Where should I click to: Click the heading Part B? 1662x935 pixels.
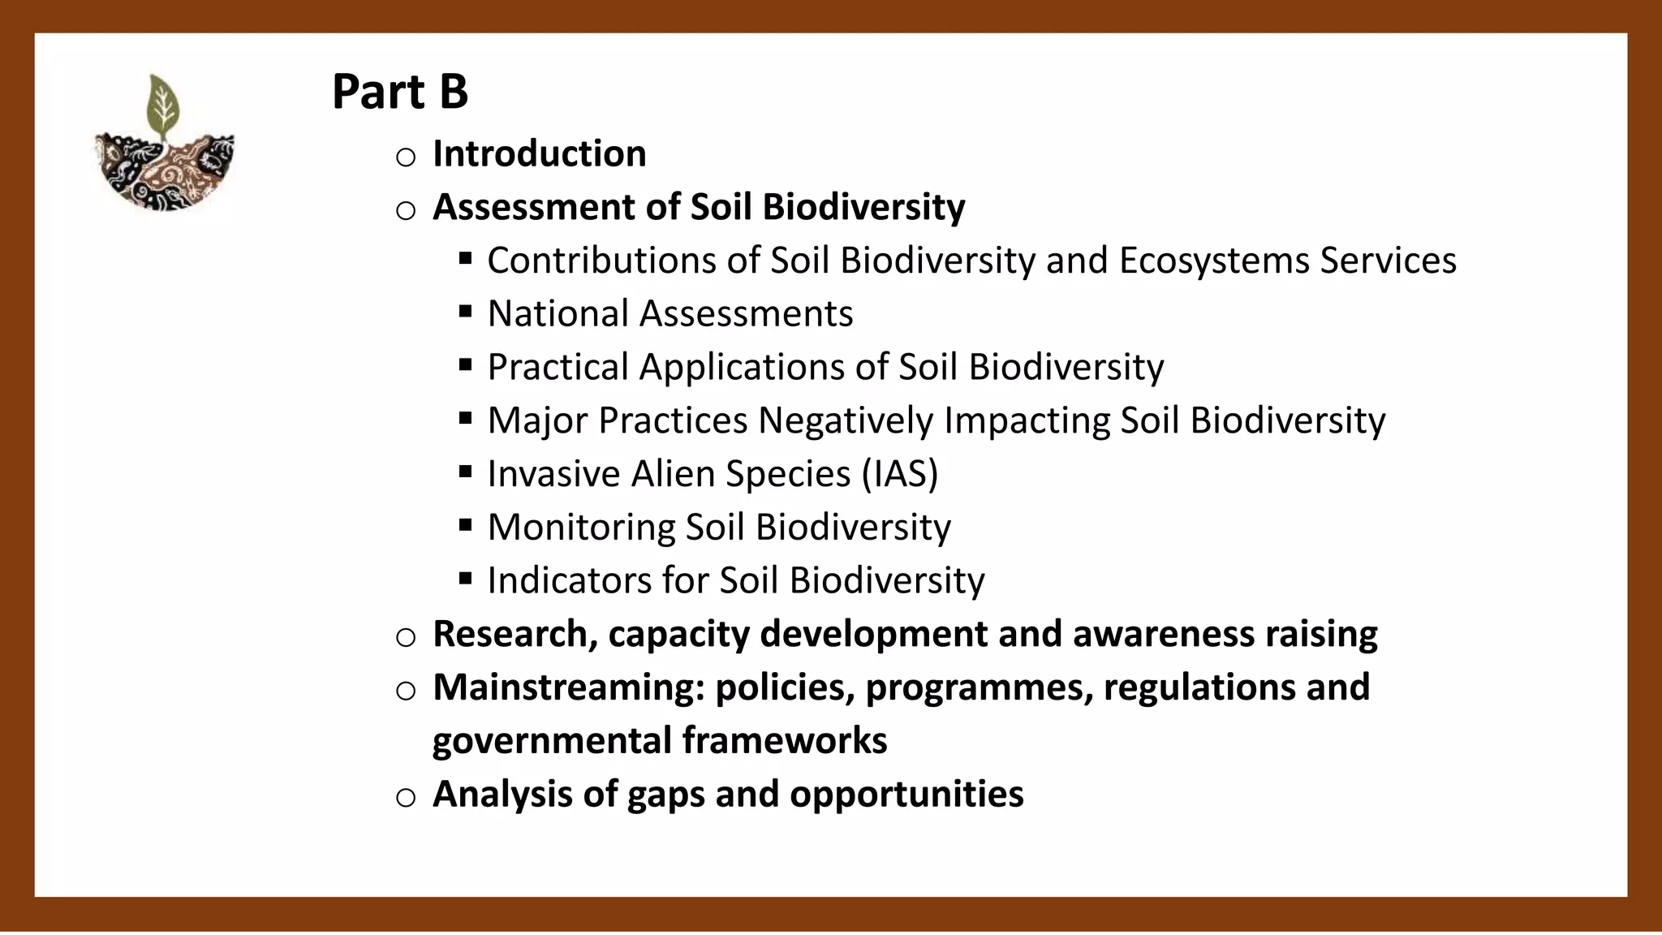click(x=400, y=91)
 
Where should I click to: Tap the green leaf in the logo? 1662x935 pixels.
click(x=163, y=106)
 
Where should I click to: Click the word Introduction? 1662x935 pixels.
click(x=539, y=154)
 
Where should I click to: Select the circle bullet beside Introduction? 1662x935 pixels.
click(x=406, y=157)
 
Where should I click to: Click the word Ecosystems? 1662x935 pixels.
click(x=1214, y=261)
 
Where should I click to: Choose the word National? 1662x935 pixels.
click(x=558, y=314)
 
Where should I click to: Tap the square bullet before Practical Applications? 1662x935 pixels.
click(x=465, y=365)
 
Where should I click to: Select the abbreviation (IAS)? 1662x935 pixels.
click(x=899, y=474)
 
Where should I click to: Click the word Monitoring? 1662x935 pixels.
click(x=581, y=528)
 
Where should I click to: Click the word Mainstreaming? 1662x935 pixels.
click(x=568, y=688)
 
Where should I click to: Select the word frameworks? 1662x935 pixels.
click(x=784, y=741)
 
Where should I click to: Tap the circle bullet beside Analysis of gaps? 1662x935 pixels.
click(x=406, y=798)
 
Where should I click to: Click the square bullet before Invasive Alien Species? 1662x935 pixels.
click(x=465, y=472)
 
